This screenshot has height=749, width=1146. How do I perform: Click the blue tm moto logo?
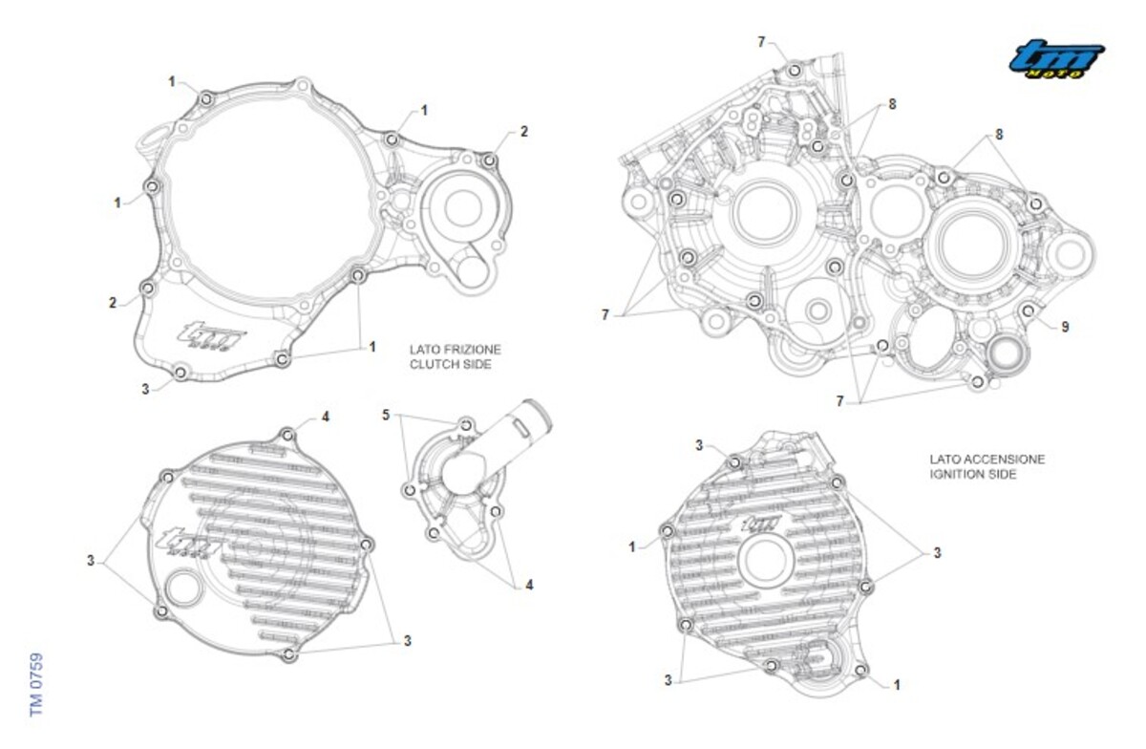pos(1056,59)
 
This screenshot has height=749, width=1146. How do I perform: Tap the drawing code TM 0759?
pos(36,684)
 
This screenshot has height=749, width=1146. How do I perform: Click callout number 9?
pos(1065,327)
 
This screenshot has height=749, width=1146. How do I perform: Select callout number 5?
pos(386,415)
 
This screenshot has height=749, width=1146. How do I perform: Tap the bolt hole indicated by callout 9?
pos(1028,310)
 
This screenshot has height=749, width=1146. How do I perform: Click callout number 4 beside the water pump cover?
pos(529,585)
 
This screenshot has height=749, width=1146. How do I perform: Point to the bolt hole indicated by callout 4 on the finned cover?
pos(288,436)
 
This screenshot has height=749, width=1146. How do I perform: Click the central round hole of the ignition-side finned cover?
pos(766,560)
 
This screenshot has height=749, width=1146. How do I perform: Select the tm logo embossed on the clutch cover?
pos(211,335)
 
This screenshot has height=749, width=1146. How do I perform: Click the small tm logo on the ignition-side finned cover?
pos(762,524)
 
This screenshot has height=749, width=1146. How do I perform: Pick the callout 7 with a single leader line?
pos(761,42)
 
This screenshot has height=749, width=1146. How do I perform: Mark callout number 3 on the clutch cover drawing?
pos(145,389)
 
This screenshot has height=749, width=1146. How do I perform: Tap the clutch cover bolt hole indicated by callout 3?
pos(180,373)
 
